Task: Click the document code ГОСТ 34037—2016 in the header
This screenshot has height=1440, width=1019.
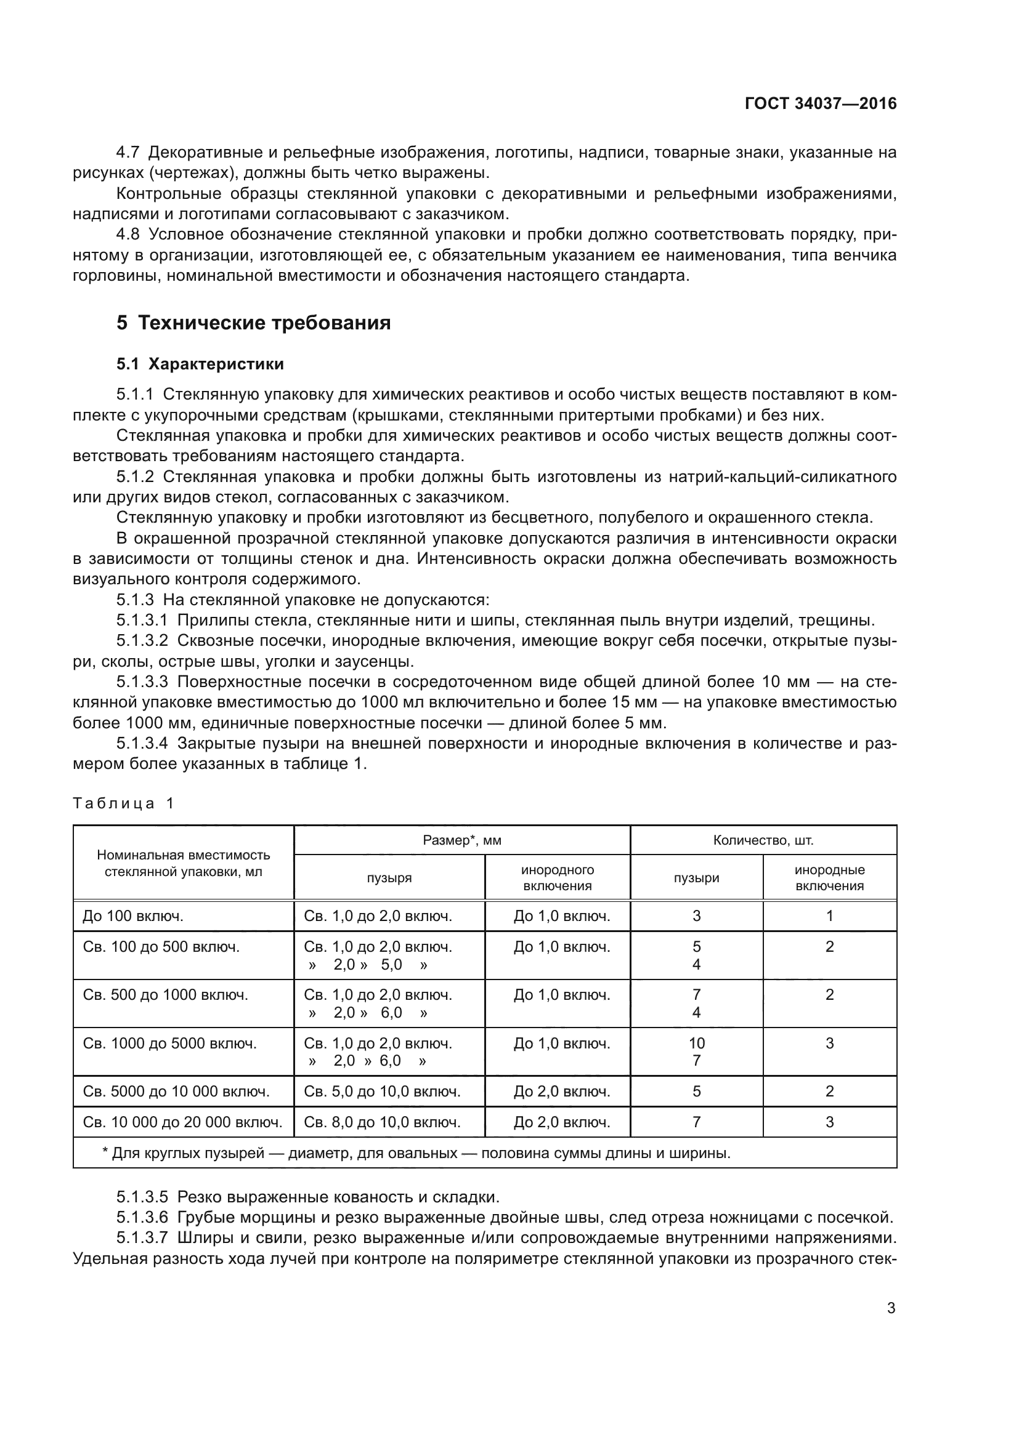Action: click(820, 104)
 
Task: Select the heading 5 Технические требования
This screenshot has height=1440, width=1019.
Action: click(253, 323)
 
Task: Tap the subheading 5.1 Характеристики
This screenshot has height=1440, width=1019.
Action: click(200, 364)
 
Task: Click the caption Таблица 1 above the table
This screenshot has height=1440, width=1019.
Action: click(124, 803)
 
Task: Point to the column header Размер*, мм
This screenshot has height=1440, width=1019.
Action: click(462, 840)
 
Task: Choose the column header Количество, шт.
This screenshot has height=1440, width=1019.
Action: click(763, 840)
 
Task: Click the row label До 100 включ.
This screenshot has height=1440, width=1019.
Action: click(133, 916)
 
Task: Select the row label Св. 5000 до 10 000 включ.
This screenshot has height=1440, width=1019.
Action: click(176, 1092)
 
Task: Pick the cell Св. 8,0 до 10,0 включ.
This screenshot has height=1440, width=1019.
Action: click(382, 1122)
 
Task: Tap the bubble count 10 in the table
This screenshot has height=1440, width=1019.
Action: click(697, 1044)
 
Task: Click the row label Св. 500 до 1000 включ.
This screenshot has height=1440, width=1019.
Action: click(166, 995)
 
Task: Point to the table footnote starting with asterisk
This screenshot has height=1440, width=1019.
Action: click(416, 1152)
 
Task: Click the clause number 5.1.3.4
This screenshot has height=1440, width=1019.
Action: click(142, 744)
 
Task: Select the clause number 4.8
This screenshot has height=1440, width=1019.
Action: click(128, 235)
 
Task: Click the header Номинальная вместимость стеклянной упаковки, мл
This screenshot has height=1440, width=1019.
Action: click(183, 863)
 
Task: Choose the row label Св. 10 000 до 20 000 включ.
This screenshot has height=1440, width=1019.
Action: click(182, 1122)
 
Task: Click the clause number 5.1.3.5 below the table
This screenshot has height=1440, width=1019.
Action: click(142, 1197)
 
